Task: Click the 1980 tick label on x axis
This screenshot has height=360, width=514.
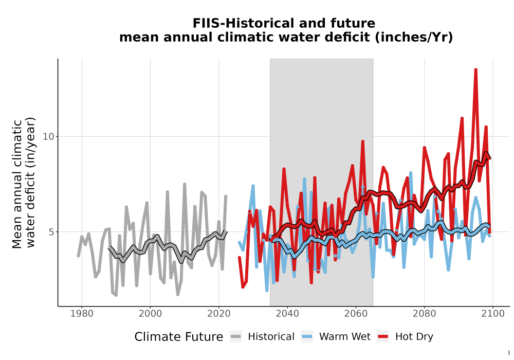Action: (x=82, y=314)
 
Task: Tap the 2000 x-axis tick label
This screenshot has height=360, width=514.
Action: (x=150, y=314)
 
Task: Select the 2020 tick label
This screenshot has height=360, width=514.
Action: (x=218, y=314)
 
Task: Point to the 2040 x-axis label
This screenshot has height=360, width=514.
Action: (x=287, y=314)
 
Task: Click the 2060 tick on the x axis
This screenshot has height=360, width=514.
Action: (x=356, y=314)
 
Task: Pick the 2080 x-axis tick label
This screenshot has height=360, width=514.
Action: (x=424, y=314)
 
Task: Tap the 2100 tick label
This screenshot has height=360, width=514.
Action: (x=493, y=314)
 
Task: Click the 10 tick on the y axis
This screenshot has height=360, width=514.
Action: (x=48, y=136)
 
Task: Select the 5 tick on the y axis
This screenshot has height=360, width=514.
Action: (x=51, y=232)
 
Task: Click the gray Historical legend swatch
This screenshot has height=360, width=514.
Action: (x=235, y=337)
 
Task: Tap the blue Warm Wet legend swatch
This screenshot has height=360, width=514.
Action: (x=307, y=337)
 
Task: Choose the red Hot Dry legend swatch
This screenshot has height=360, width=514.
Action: (x=383, y=337)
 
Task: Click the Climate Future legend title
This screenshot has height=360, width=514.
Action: (x=179, y=337)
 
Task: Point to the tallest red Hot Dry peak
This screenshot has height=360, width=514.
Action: (x=475, y=70)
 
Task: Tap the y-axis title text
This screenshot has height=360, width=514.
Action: (x=24, y=183)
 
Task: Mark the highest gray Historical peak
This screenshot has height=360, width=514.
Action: (x=185, y=184)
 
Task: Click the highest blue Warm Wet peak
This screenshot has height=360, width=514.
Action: (x=410, y=173)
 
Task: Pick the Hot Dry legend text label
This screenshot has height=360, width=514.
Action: (x=414, y=337)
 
